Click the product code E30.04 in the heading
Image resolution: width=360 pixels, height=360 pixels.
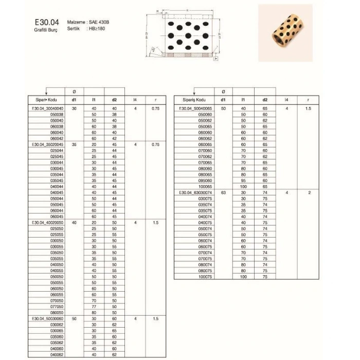click(47, 23)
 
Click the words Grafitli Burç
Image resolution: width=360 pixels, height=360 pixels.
click(46, 30)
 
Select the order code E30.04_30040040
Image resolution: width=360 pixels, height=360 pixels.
click(47, 109)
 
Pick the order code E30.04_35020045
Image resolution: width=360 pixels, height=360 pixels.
click(47, 145)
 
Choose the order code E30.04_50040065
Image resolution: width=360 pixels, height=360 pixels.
click(194, 109)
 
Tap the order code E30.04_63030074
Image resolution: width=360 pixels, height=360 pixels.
click(194, 192)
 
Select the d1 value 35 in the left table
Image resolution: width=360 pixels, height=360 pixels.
click(74, 145)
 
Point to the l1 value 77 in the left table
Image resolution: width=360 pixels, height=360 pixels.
click(94, 307)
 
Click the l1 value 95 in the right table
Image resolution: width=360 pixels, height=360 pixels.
click(244, 181)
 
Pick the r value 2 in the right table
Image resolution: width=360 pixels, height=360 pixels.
click(309, 192)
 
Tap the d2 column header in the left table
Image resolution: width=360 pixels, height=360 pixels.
click(114, 100)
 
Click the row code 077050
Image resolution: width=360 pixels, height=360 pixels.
click(57, 307)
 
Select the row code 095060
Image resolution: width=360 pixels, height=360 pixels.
click(205, 181)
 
